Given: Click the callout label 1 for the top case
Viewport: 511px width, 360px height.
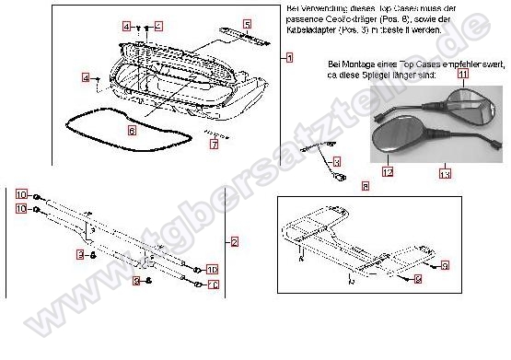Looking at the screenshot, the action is tap(289, 58).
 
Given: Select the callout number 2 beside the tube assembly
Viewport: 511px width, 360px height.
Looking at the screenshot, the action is tap(234, 241).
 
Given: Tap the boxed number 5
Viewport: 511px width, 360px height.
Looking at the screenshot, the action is tap(247, 23).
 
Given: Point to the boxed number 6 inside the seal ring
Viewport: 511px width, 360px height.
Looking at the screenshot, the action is tap(132, 132).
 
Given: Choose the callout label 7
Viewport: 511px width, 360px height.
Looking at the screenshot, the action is tap(215, 145).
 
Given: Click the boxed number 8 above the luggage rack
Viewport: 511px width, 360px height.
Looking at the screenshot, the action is tap(366, 186).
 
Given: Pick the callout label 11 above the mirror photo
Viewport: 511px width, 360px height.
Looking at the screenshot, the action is tap(463, 73).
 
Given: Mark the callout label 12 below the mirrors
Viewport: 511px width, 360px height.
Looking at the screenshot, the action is tap(389, 170).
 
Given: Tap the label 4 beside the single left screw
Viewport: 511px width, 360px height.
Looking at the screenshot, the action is tap(86, 79).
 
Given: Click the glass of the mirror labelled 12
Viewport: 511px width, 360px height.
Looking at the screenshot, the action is tap(395, 139).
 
